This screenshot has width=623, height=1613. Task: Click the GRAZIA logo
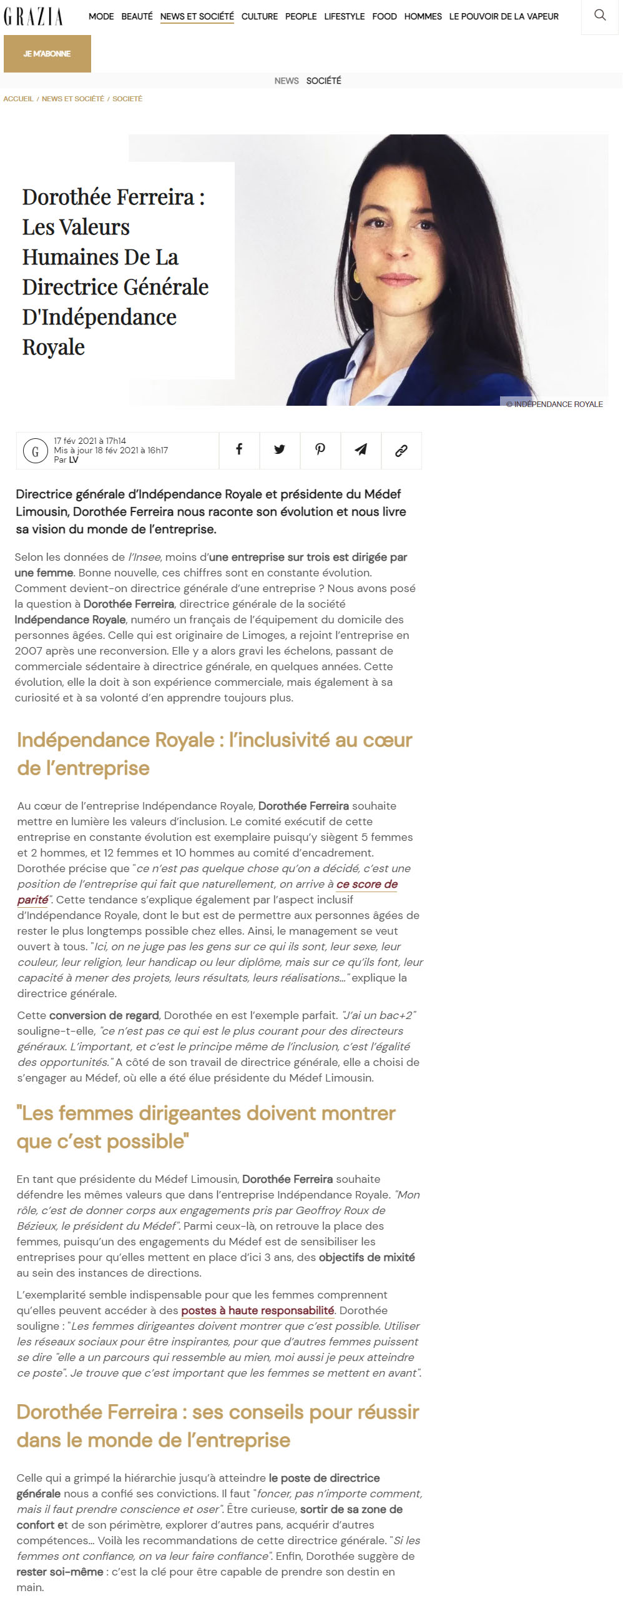point(33,16)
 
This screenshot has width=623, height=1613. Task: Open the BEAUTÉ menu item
point(137,16)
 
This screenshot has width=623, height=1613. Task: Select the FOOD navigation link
point(384,16)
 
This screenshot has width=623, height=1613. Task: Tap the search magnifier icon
point(600,15)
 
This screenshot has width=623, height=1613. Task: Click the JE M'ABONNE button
point(47,54)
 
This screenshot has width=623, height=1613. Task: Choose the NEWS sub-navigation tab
point(287,81)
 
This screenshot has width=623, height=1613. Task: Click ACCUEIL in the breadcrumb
point(18,99)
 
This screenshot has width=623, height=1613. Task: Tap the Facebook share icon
point(239,450)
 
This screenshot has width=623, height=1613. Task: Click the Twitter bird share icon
point(280,450)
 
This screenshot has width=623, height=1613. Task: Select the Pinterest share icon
point(320,450)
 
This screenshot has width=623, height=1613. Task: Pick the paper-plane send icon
point(361,450)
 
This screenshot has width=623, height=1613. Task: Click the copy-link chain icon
point(401,450)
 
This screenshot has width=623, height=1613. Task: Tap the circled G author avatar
point(35,451)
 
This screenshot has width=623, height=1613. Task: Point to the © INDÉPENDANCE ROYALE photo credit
point(554,404)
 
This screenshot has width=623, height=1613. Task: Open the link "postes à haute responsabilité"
point(257,1310)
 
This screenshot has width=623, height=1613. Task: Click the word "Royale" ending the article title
point(53,348)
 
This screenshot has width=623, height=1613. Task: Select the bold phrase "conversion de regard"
point(104,1015)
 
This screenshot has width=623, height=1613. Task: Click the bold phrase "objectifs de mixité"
point(366,1257)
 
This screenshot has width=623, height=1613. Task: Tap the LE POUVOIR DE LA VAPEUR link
point(504,16)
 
